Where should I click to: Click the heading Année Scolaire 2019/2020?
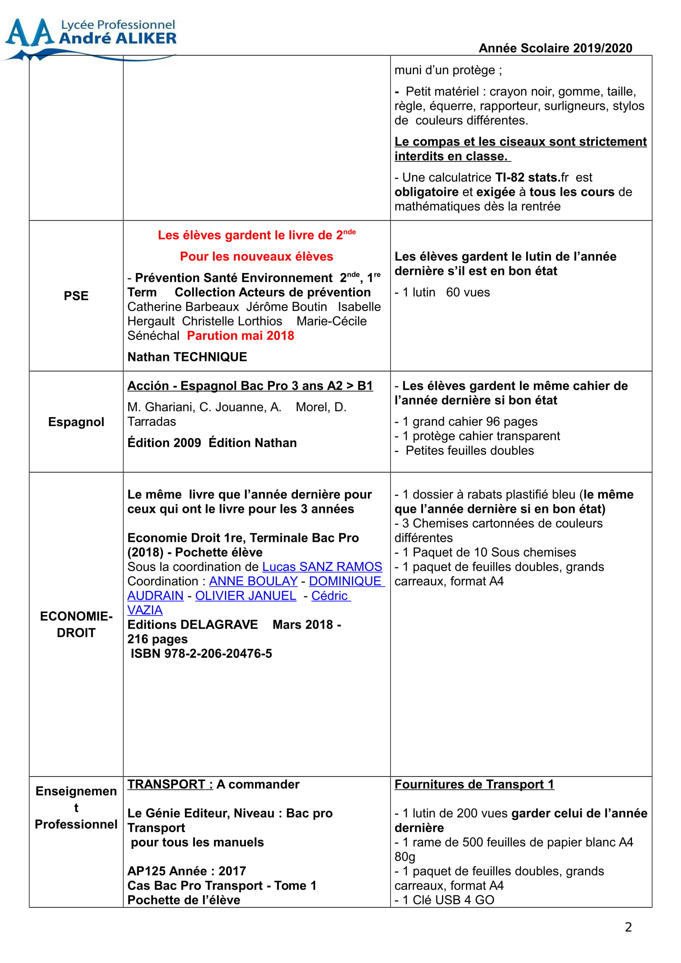tap(555, 48)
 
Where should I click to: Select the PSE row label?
tap(76, 296)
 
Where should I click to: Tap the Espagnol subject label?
tap(76, 422)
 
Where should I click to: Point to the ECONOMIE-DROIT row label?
tap(76, 624)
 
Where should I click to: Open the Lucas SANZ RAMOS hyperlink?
tap(322, 567)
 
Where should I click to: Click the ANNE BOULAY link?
tap(253, 581)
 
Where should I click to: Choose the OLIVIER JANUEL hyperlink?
tap(246, 596)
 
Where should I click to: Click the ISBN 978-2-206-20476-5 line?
tap(201, 653)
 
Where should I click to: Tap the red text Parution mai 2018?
tap(241, 336)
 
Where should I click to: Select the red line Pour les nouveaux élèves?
tap(256, 256)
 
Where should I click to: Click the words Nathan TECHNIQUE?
tap(187, 357)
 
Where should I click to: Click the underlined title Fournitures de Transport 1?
tap(474, 784)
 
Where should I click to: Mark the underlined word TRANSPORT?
tap(166, 784)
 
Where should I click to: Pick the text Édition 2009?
tap(164, 443)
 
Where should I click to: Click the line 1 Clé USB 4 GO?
tap(445, 900)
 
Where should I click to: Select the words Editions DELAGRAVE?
tap(192, 625)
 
